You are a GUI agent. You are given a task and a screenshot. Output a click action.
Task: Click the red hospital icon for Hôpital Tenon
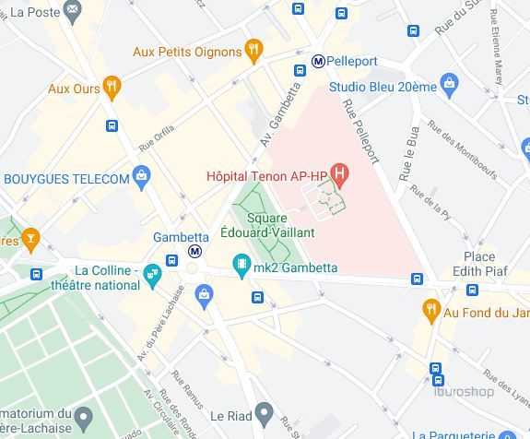pos(340,172)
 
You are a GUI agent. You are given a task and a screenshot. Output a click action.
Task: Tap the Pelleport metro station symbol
pos(318,61)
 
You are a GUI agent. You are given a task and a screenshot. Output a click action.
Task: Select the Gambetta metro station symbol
pos(194,251)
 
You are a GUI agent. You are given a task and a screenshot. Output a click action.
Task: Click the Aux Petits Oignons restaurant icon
pos(253,51)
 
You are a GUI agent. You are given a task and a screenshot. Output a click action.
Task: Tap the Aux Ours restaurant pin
pos(112,88)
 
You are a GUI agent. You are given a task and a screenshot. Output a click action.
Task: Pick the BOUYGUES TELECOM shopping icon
pos(141,176)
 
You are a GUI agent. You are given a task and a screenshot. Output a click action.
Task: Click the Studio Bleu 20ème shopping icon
pos(449,86)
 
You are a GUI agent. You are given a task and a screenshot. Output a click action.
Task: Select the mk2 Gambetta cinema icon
pos(241,267)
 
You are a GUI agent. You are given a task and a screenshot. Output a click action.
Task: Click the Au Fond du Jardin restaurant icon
pos(430,311)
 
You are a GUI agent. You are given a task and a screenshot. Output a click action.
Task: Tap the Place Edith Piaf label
pos(479,264)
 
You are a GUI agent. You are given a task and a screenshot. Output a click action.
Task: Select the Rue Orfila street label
pos(156,136)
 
